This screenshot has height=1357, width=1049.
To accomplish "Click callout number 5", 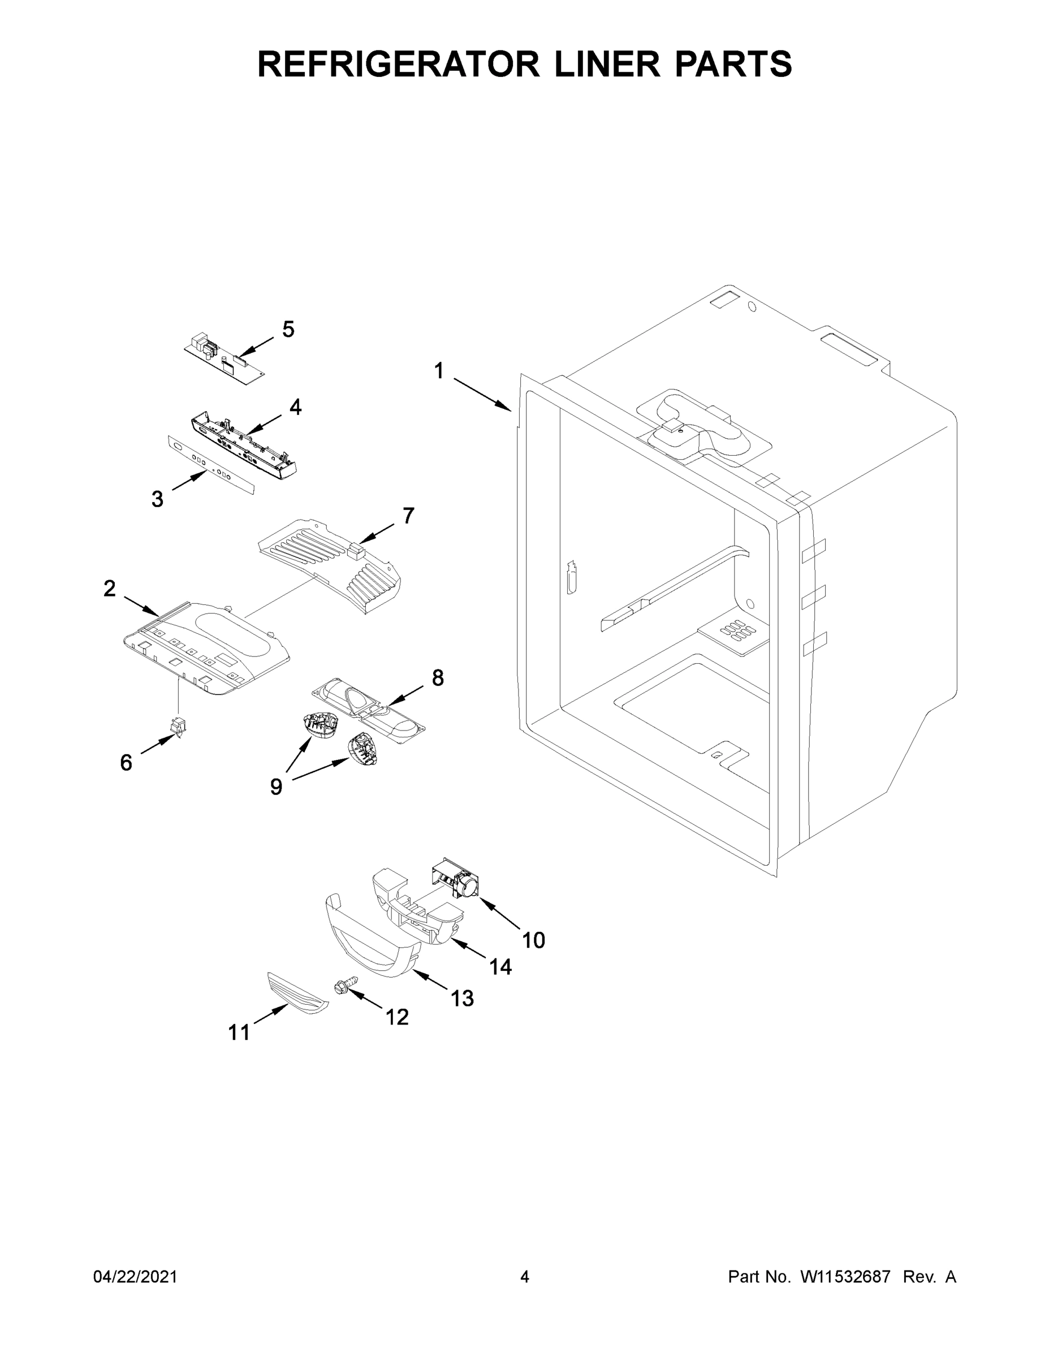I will [288, 329].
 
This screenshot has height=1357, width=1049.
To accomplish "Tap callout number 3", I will [157, 499].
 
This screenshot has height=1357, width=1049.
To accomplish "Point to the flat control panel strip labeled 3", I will [211, 465].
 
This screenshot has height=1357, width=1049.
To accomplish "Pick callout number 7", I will [408, 515].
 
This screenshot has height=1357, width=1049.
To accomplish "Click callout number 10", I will [533, 940].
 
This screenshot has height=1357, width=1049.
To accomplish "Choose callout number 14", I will [500, 966].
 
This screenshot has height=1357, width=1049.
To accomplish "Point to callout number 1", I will [439, 371].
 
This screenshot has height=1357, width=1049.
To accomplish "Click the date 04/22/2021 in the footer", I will [136, 1277].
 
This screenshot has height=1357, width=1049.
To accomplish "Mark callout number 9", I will [276, 787].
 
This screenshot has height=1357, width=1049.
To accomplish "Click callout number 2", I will [109, 588].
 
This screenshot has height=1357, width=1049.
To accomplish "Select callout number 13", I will [463, 999].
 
